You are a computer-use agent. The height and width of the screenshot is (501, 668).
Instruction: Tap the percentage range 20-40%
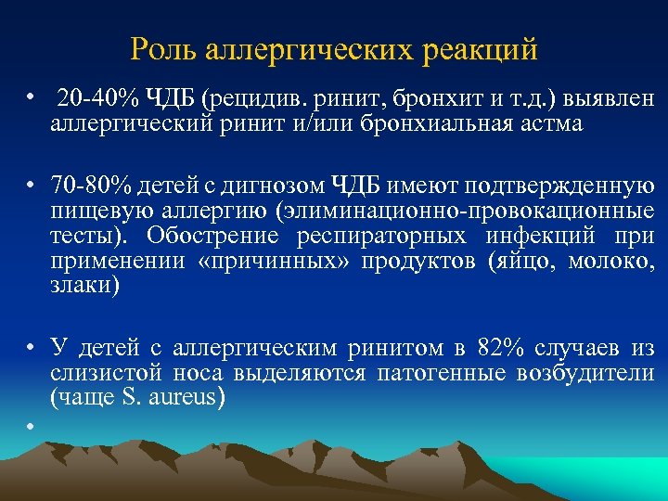click(96, 99)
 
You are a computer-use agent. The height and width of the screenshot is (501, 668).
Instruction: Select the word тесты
click(81, 237)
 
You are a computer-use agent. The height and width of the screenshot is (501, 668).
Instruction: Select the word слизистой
click(96, 373)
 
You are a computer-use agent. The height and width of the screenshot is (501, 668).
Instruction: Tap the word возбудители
click(596, 373)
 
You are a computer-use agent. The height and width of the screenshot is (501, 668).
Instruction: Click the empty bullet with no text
click(31, 425)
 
